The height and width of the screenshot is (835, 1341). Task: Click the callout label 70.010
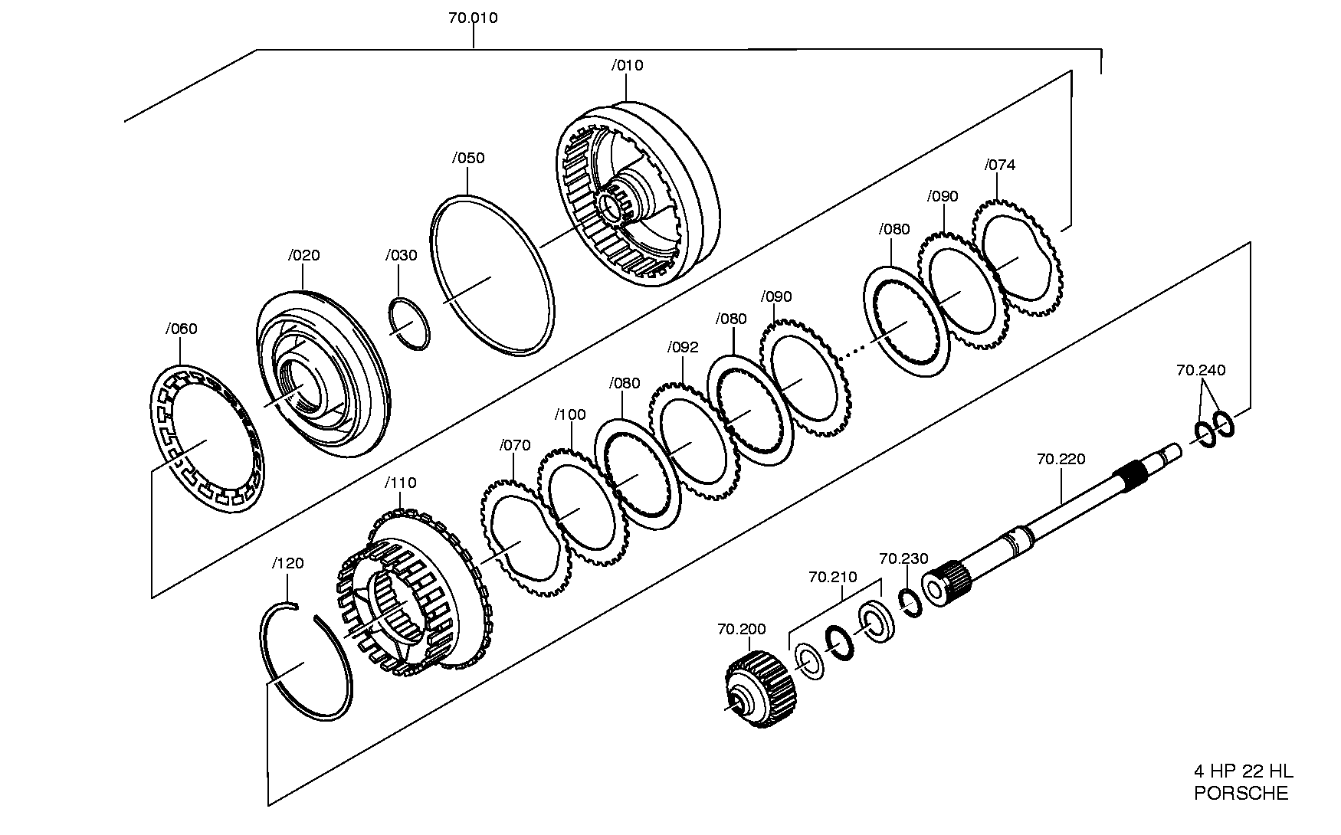click(x=473, y=18)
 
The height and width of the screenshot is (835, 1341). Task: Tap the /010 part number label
click(x=627, y=65)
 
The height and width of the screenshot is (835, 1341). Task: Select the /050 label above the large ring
click(x=468, y=158)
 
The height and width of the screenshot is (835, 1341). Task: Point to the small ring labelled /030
click(x=409, y=324)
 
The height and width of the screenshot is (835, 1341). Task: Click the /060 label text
click(x=181, y=329)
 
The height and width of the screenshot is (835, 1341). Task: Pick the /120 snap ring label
click(x=288, y=563)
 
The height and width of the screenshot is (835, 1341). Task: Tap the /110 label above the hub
click(x=401, y=483)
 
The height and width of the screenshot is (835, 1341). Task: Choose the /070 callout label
click(x=515, y=445)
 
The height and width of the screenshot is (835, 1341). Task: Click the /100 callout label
click(x=570, y=414)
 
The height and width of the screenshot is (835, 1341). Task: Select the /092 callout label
click(x=683, y=347)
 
